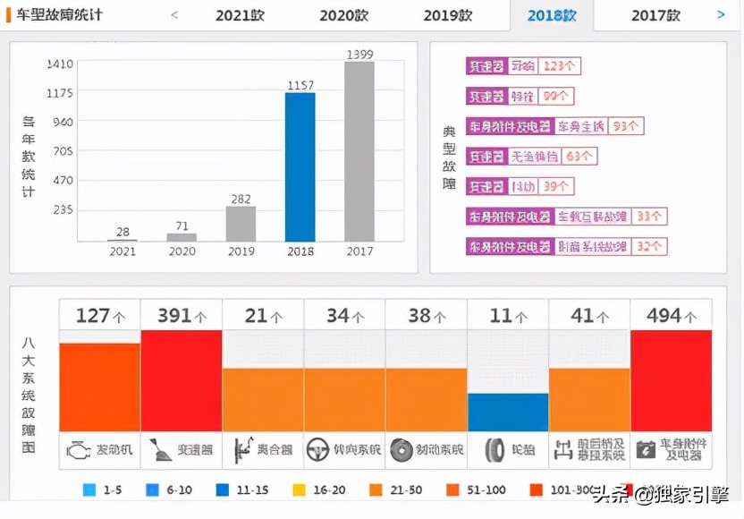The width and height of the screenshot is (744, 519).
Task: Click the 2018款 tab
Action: (x=552, y=15)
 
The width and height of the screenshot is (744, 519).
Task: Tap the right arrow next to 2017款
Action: (x=721, y=14)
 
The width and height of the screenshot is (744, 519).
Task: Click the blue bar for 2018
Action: (x=300, y=166)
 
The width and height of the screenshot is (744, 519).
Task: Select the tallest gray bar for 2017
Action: (x=359, y=151)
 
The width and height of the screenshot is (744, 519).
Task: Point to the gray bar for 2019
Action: (x=241, y=224)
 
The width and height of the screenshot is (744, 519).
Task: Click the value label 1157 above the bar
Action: (x=300, y=85)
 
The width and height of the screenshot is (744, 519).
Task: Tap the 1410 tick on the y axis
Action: (x=60, y=64)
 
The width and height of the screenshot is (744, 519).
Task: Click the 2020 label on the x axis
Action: (x=182, y=251)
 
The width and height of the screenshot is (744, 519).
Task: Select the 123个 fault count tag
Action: (x=559, y=66)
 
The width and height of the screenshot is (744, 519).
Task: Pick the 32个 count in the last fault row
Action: (x=649, y=247)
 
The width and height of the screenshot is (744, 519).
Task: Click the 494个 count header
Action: (x=671, y=316)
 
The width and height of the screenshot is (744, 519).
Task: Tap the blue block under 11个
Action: (x=507, y=412)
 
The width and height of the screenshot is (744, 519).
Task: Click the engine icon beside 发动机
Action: (x=78, y=449)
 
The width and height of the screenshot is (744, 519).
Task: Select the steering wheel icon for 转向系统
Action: (x=318, y=449)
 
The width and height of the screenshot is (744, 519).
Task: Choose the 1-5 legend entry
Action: (x=103, y=489)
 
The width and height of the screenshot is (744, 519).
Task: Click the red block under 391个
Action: (x=182, y=380)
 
